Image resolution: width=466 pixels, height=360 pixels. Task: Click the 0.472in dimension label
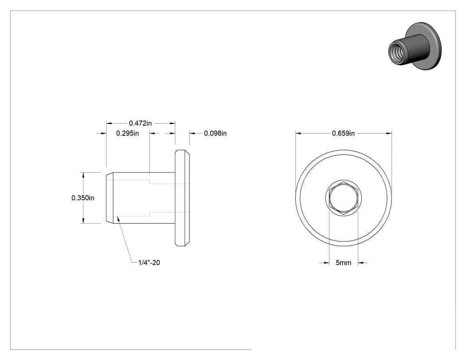click(140, 123)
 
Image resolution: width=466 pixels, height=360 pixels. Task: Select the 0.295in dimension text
click(127, 133)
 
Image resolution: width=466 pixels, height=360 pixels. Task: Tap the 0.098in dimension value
click(215, 133)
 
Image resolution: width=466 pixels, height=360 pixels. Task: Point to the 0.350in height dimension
click(83, 198)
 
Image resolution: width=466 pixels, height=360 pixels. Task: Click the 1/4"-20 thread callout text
click(149, 262)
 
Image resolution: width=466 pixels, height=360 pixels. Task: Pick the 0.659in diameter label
click(343, 133)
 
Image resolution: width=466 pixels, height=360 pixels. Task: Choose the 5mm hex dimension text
click(344, 263)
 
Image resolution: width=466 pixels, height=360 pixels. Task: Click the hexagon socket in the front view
click(344, 198)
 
